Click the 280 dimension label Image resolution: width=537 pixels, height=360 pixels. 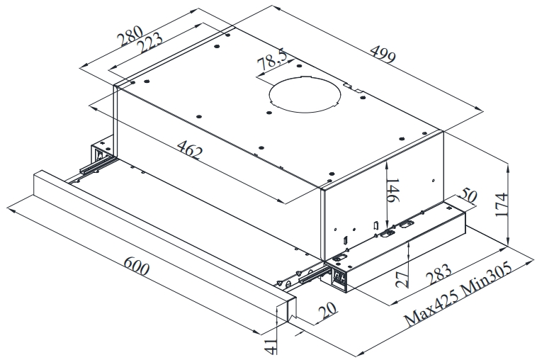(130, 35)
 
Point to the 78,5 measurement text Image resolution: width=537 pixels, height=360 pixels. (272, 60)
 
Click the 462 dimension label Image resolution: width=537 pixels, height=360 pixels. (191, 150)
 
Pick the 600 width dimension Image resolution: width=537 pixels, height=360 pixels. (136, 266)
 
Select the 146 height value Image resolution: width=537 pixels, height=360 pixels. (393, 191)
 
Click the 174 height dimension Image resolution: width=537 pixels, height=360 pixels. (501, 205)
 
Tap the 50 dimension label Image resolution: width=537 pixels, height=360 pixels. (468, 196)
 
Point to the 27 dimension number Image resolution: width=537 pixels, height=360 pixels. (402, 279)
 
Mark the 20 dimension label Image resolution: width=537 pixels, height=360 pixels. (328, 311)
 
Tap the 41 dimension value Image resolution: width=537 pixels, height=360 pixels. (270, 346)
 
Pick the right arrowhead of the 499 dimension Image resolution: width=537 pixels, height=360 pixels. (479, 108)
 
